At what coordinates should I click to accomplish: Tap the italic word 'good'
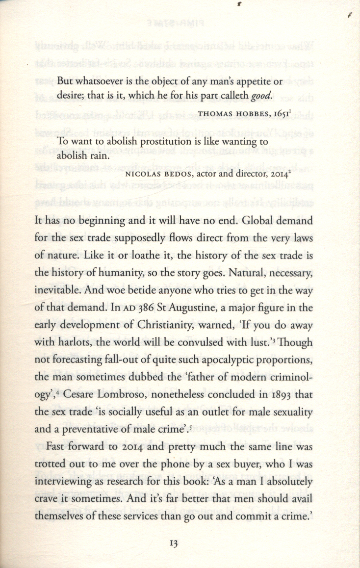tap(260, 95)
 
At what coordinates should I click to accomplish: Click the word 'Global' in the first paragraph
tap(260, 221)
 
